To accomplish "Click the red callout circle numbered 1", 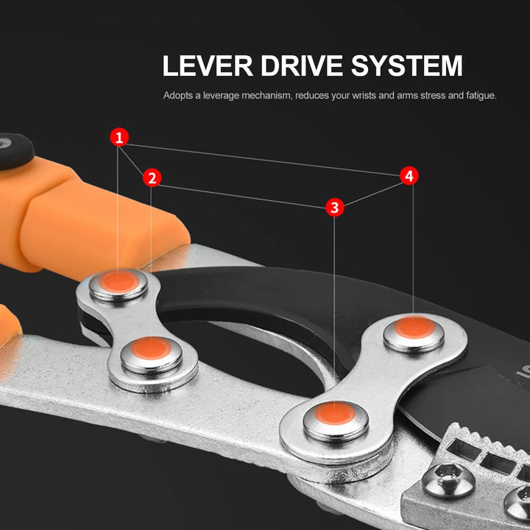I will [119, 137].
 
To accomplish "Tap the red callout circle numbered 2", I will [152, 177].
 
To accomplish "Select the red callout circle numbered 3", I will [335, 208].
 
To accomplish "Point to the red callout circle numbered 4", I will [410, 176].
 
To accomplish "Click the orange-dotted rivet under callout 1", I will [119, 283].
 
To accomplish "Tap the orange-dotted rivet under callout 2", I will [152, 349].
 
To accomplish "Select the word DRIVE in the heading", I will [302, 66].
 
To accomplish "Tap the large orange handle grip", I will [96, 221].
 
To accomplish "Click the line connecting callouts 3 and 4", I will [372, 191].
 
